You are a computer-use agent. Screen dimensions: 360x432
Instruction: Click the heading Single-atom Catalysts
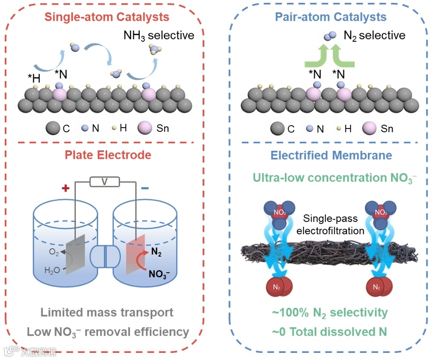(107, 18)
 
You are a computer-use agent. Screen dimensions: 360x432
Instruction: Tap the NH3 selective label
(159, 35)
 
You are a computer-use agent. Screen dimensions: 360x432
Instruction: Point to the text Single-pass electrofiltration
(332, 224)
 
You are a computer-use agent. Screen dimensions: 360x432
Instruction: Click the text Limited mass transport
(107, 312)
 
